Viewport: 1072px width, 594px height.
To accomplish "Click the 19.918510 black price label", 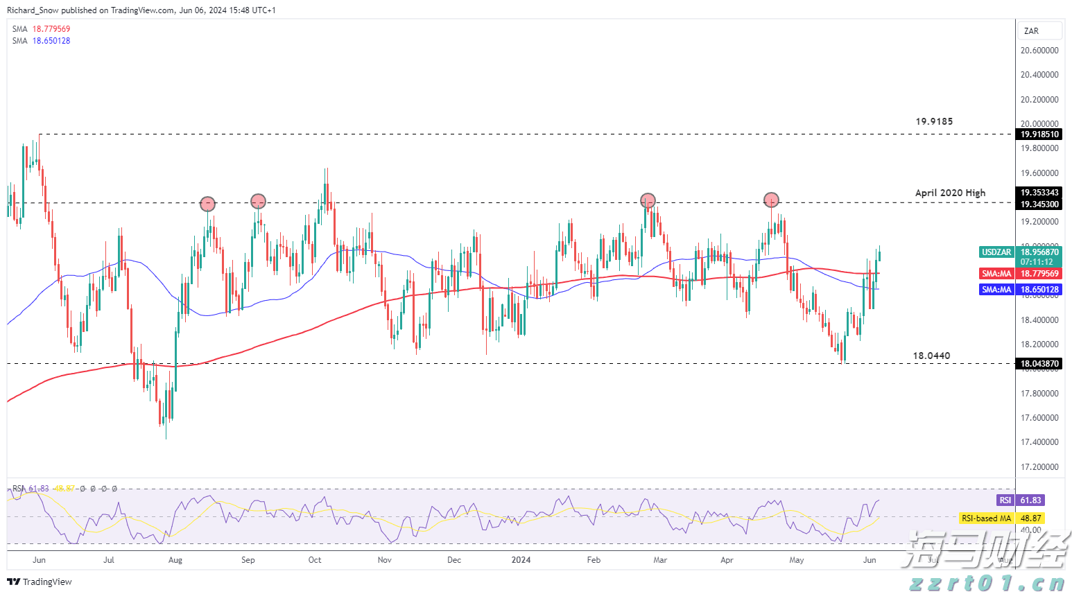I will pyautogui.click(x=1039, y=134).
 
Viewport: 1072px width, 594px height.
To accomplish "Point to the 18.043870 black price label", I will pyautogui.click(x=1039, y=364).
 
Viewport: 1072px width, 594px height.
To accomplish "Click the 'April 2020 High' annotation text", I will pyautogui.click(x=950, y=193).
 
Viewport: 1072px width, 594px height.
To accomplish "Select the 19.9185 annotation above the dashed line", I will pyautogui.click(x=934, y=121).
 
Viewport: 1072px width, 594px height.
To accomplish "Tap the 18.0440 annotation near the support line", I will pyautogui.click(x=931, y=356).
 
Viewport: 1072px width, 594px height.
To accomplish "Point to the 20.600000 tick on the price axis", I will pyautogui.click(x=1039, y=51).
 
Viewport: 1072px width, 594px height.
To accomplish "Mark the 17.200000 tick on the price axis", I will pyautogui.click(x=1039, y=466).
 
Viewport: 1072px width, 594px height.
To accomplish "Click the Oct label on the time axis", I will pyautogui.click(x=315, y=560).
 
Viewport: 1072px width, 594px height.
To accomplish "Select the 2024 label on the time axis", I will pyautogui.click(x=521, y=560).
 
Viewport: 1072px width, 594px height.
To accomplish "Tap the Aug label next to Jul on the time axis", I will pyautogui.click(x=175, y=560).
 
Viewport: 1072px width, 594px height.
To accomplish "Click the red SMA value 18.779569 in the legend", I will pyautogui.click(x=51, y=29).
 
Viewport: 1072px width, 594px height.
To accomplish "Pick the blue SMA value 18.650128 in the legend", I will pyautogui.click(x=51, y=41).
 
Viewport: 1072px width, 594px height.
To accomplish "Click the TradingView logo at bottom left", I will pyautogui.click(x=40, y=582).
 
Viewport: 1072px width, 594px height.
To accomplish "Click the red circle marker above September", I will pyautogui.click(x=258, y=202).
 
